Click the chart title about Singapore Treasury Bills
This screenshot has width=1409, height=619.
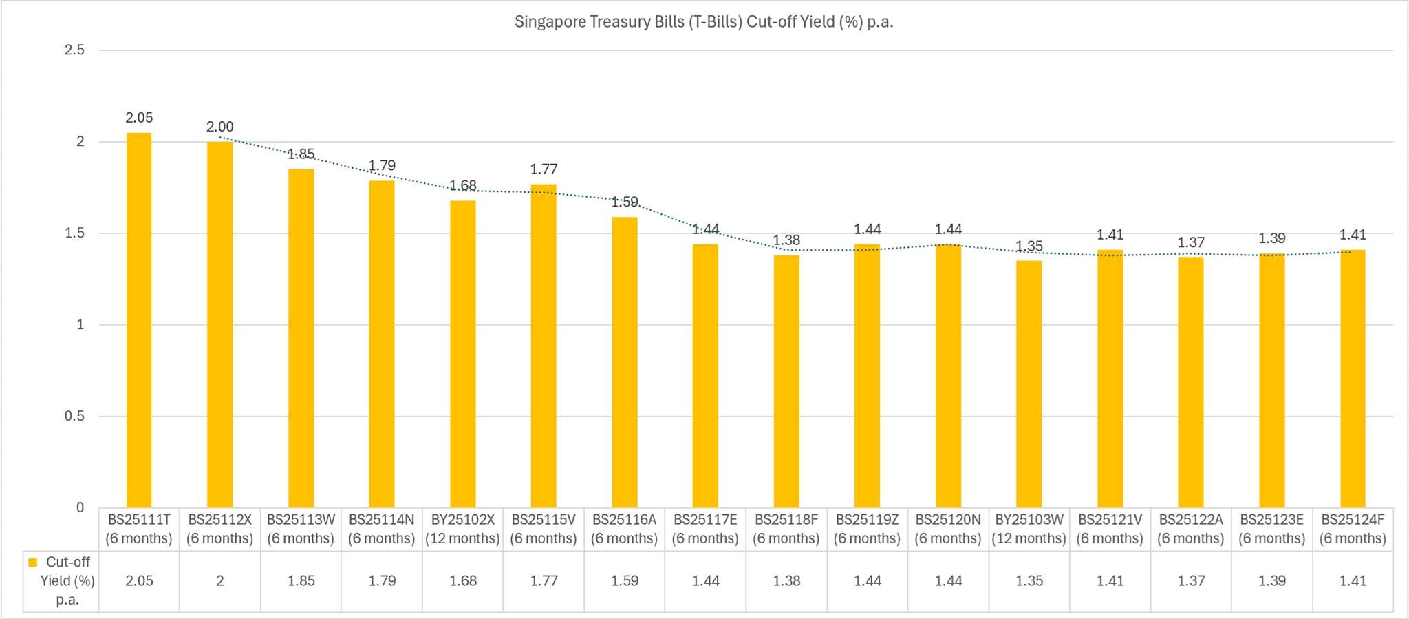[x=704, y=22]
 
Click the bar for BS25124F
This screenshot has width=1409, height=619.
[x=1353, y=379]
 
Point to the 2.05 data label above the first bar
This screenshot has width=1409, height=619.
[x=139, y=118]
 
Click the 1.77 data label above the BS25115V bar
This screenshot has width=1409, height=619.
[x=544, y=169]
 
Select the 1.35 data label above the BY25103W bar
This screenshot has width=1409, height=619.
[x=1029, y=246]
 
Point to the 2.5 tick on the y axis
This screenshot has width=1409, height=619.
[x=74, y=50]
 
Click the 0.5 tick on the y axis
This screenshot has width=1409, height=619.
[x=74, y=417]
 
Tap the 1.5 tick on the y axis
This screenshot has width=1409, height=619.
[x=74, y=233]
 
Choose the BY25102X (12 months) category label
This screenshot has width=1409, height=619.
[x=462, y=529]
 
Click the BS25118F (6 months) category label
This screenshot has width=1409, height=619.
[x=786, y=529]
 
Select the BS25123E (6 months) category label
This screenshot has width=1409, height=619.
[x=1272, y=529]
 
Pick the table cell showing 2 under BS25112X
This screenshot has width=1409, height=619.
[x=220, y=581]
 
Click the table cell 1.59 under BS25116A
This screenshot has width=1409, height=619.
[x=625, y=581]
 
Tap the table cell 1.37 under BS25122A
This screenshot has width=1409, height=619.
[x=1191, y=581]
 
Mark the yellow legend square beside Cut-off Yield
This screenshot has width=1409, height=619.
[x=32, y=563]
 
